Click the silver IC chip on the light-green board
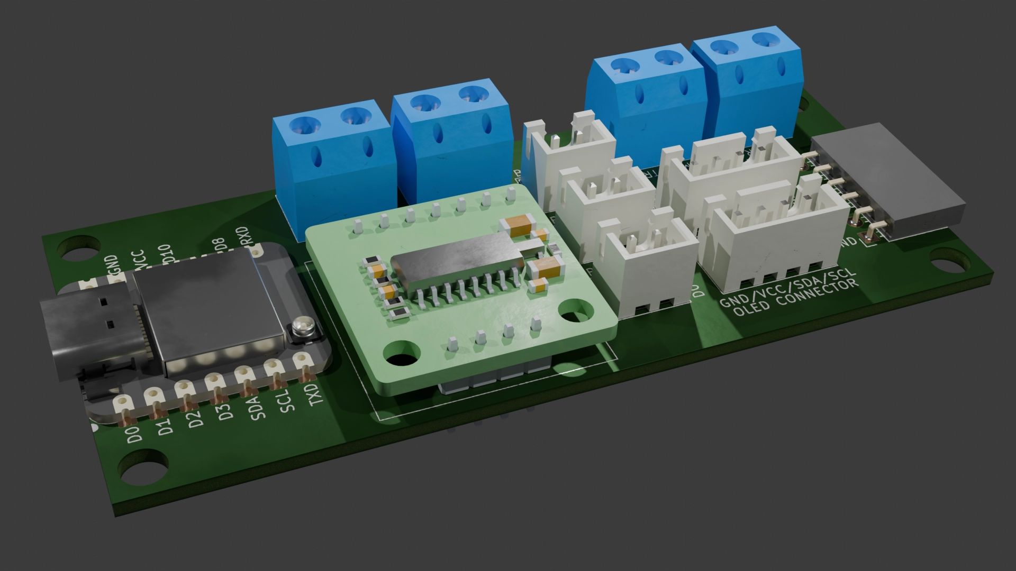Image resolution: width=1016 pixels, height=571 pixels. pyautogui.click(x=455, y=262)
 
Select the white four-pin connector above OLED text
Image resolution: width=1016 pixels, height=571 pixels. pyautogui.click(x=775, y=233)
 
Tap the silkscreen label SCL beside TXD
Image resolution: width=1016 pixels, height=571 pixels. pyautogui.click(x=284, y=402)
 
